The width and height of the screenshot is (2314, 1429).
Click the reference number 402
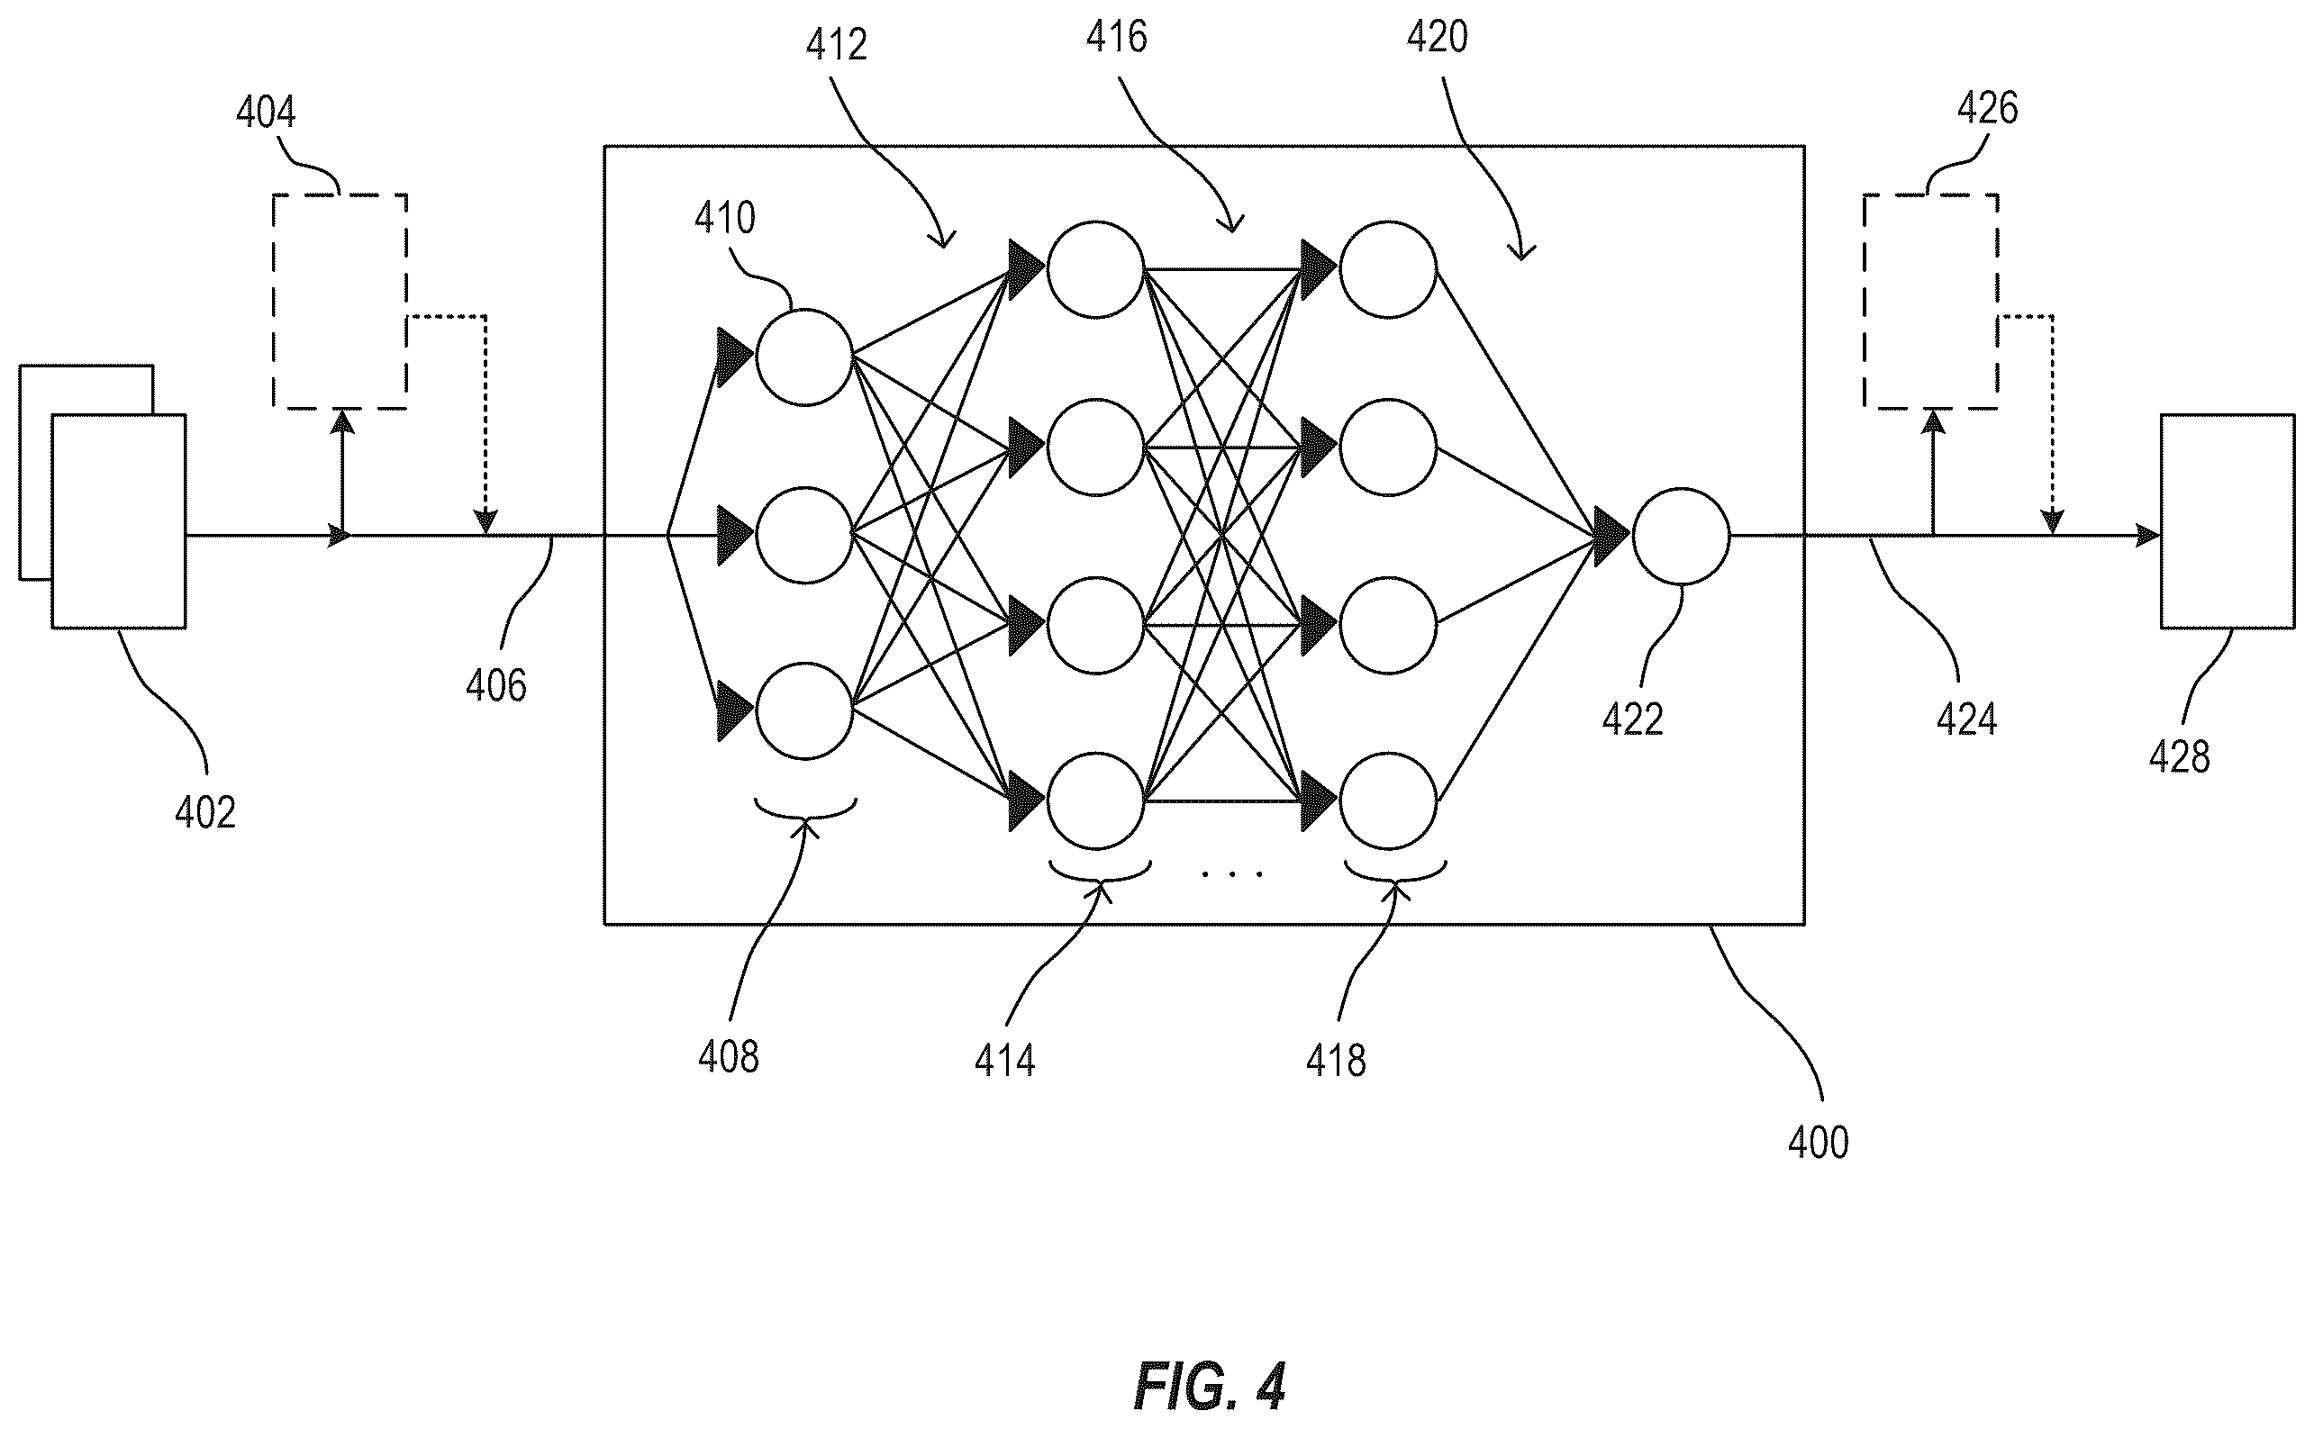[205, 812]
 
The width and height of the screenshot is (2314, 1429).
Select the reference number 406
[496, 685]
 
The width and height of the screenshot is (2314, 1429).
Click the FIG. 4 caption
[1209, 1387]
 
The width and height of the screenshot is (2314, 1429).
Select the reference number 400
[1819, 1143]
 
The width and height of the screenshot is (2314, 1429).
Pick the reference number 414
[1005, 1061]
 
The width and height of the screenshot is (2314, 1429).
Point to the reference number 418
[1336, 1061]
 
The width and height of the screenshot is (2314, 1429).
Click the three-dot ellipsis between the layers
[1231, 874]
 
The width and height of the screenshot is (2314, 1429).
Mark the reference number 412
[837, 45]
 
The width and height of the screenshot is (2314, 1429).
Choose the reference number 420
[1437, 37]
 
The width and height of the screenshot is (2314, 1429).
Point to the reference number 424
[1967, 720]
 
